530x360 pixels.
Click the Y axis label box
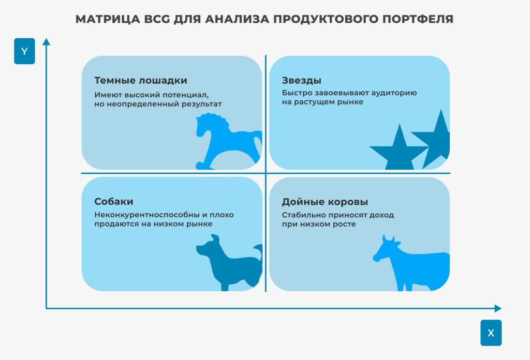coord(24,51)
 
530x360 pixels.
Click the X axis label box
coord(491,333)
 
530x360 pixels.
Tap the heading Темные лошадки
coord(141,80)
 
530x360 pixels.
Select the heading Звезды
coord(302,80)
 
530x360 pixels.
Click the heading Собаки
coord(113,202)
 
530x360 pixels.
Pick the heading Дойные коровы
coord(325,202)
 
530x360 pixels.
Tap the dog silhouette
coord(229,263)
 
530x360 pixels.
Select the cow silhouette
coord(411,263)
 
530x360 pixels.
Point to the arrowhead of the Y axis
coord(46,41)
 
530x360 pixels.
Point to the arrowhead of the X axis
coord(498,308)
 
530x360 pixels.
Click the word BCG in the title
coord(157,19)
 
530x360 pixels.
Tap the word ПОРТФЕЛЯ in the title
coord(418,19)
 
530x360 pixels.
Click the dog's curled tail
coord(258,252)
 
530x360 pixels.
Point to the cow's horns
coord(388,238)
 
